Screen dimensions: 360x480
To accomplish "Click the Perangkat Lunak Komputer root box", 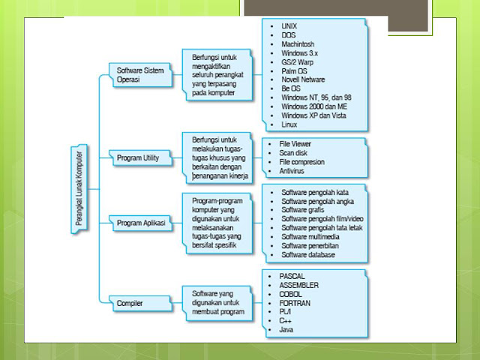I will coord(77,186).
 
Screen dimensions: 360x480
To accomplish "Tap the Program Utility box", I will coord(139,158).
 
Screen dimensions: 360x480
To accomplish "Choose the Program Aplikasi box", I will coord(140,223).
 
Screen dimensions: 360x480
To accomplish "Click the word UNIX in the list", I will coord(289,26).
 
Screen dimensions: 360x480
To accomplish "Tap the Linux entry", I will coord(289,124).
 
